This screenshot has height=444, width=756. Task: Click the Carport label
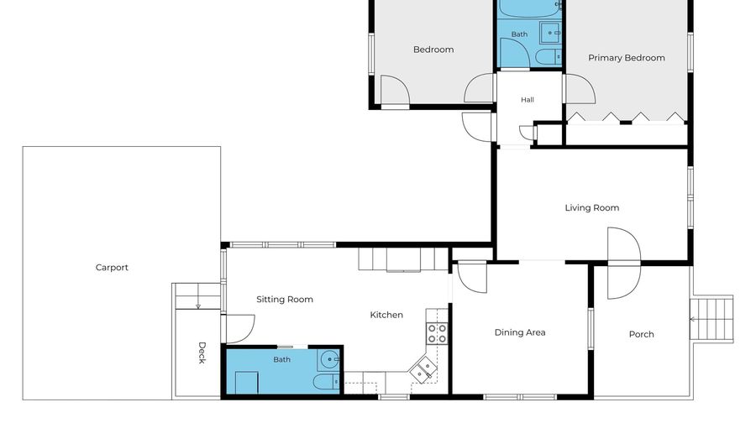pyautogui.click(x=112, y=268)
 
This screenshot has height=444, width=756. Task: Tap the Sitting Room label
pyautogui.click(x=285, y=300)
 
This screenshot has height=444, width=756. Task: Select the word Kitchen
pyautogui.click(x=386, y=315)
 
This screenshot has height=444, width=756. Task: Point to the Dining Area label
pyautogui.click(x=520, y=332)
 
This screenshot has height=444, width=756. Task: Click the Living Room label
pyautogui.click(x=592, y=208)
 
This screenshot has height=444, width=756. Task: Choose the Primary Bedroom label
pyautogui.click(x=627, y=58)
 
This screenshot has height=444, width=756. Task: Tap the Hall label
pyautogui.click(x=527, y=100)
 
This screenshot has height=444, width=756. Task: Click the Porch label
pyautogui.click(x=641, y=334)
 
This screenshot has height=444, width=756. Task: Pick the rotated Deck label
pyautogui.click(x=202, y=353)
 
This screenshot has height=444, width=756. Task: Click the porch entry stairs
pyautogui.click(x=711, y=319)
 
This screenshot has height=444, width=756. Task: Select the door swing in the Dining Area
pyautogui.click(x=472, y=277)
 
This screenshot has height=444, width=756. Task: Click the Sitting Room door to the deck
pyautogui.click(x=239, y=329)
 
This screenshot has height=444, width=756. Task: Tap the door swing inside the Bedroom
pyautogui.click(x=395, y=90)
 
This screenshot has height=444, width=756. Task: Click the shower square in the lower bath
pyautogui.click(x=246, y=383)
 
